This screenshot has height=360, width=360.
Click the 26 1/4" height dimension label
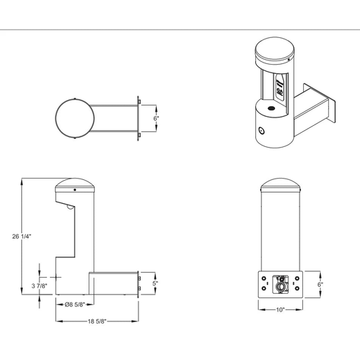(22, 236)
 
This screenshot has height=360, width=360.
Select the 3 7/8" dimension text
(39, 286)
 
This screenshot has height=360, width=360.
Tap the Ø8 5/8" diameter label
(75, 304)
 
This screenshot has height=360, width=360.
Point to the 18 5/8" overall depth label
(97, 321)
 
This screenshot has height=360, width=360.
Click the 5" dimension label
(155, 283)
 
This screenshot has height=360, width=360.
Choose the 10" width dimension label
(281, 310)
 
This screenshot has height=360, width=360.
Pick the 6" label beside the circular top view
(156, 118)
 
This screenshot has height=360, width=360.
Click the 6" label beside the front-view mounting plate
(321, 285)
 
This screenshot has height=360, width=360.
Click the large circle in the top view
(56, 118)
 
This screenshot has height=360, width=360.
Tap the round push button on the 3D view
(261, 131)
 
